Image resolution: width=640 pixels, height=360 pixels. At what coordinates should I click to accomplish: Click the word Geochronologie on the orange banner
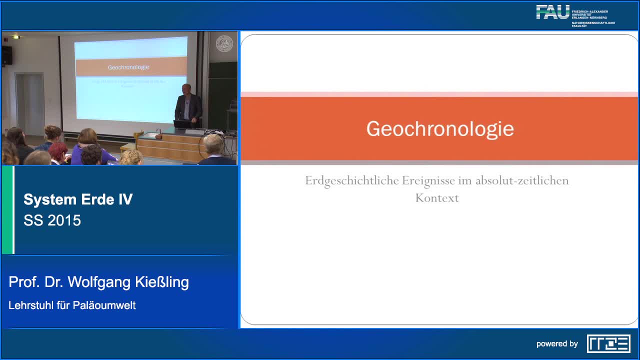439,128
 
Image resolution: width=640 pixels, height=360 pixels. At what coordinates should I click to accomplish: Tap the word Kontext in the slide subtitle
436,198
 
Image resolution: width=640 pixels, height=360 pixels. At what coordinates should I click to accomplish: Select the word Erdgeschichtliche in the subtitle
352,180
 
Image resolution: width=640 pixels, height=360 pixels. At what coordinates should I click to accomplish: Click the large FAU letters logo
552,12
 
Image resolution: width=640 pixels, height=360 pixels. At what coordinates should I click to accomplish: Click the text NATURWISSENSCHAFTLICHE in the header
593,23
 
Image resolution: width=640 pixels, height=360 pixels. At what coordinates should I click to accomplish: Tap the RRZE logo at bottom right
608,343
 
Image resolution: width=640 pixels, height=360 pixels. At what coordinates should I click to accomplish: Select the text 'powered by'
557,344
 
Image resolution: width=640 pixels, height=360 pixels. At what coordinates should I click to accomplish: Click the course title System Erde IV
78,199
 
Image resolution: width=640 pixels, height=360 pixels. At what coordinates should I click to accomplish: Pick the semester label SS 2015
52,220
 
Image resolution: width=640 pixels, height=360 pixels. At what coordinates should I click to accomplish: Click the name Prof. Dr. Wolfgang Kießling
98,282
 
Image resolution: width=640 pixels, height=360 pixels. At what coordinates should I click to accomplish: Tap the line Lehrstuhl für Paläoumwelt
72,305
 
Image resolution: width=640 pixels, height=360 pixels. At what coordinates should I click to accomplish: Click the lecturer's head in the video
186,89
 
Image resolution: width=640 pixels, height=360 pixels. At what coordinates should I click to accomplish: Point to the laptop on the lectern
181,123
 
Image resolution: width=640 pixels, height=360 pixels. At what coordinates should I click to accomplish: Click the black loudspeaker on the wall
7,55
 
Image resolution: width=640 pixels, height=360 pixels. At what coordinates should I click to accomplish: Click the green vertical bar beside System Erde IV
7,210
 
